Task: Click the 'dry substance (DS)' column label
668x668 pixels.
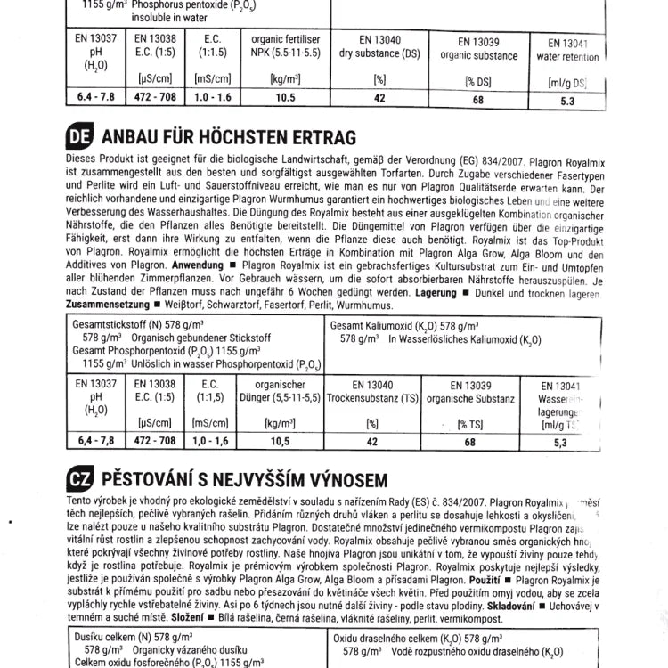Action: (x=379, y=53)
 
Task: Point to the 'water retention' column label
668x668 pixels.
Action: (x=567, y=57)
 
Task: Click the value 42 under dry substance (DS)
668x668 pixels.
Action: (x=379, y=98)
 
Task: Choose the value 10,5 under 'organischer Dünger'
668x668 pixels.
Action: (x=280, y=441)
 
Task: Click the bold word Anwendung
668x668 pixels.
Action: (x=198, y=265)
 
